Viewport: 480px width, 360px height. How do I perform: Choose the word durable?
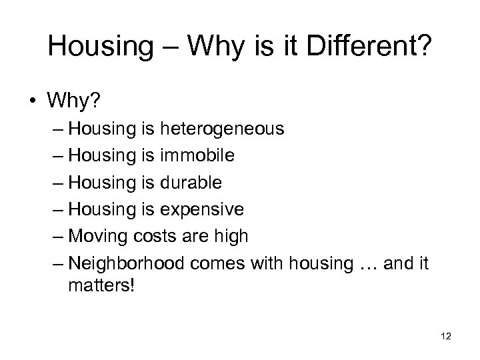191,182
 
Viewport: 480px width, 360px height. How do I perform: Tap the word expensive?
201,209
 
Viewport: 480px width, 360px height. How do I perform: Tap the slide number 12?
446,335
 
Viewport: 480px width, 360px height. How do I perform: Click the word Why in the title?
216,46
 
